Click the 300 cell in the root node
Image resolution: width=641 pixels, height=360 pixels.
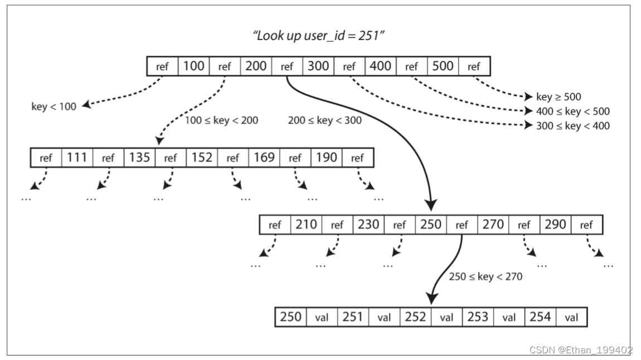(x=318, y=66)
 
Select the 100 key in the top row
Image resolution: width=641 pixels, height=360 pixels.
(x=193, y=66)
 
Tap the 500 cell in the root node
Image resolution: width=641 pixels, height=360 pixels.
(x=443, y=66)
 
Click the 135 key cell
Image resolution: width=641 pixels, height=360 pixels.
(x=139, y=158)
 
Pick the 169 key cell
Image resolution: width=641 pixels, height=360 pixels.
(x=264, y=158)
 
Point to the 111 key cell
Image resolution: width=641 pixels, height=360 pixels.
(x=77, y=158)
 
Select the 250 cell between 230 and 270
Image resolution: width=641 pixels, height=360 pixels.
(x=430, y=225)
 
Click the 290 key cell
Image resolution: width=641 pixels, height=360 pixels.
(x=555, y=225)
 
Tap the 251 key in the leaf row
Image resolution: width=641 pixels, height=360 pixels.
(x=353, y=317)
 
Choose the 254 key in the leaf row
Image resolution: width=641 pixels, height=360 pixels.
(x=540, y=317)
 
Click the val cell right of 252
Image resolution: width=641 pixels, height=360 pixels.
(x=446, y=318)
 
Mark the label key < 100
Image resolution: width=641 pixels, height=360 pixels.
(x=54, y=106)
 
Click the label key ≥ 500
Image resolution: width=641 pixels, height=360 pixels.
(x=559, y=97)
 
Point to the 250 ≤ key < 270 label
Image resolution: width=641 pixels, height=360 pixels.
(x=485, y=276)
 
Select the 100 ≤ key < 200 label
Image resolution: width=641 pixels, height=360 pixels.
(x=221, y=120)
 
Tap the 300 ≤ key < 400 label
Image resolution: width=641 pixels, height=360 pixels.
(x=573, y=126)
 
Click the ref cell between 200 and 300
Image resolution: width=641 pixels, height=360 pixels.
(x=287, y=66)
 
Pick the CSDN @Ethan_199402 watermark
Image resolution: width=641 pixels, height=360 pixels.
(x=581, y=350)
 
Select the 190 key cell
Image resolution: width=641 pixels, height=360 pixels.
(x=326, y=158)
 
